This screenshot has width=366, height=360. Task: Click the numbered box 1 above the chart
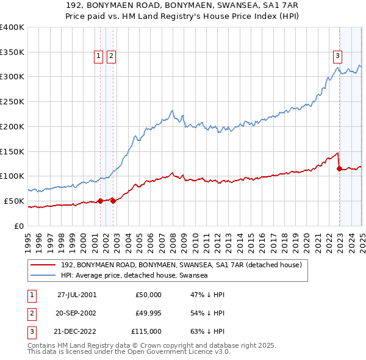(x=99, y=56)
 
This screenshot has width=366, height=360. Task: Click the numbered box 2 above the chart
(x=111, y=56)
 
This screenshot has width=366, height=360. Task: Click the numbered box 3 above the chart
(x=337, y=56)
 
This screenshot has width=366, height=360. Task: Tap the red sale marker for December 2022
(x=339, y=168)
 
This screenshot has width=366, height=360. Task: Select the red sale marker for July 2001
(x=101, y=201)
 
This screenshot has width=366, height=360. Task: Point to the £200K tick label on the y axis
(x=12, y=126)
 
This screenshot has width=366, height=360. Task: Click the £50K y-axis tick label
(x=15, y=201)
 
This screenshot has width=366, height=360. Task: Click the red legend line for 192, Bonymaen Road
(x=43, y=265)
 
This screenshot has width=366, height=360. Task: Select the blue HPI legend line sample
(x=43, y=276)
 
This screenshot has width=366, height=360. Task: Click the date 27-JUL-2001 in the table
(x=76, y=295)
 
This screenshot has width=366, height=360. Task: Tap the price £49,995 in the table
(x=149, y=313)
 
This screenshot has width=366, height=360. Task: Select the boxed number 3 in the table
(x=30, y=331)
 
